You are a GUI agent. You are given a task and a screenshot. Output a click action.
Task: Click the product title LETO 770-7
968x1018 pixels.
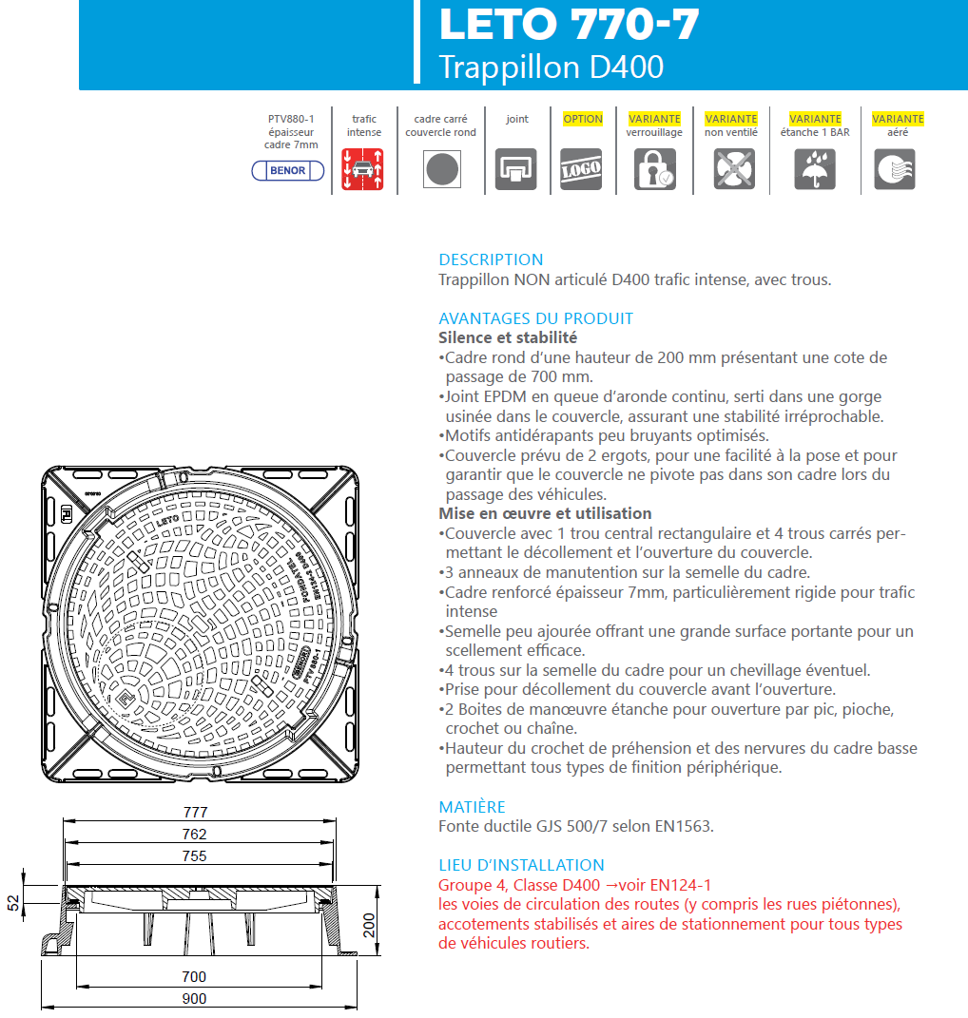[569, 25]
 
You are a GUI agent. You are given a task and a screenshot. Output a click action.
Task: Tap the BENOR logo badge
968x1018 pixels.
[288, 171]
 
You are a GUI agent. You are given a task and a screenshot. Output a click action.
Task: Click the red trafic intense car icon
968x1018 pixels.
[363, 170]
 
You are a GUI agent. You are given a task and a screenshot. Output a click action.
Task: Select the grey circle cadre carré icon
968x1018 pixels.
[440, 170]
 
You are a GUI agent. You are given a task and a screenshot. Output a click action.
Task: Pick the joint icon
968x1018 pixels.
[516, 170]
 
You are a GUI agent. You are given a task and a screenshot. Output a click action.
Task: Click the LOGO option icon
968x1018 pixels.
[581, 170]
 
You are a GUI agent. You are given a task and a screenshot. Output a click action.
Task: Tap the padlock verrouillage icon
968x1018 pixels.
[654, 170]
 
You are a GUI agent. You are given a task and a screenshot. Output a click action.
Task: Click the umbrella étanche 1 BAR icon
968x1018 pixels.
[815, 170]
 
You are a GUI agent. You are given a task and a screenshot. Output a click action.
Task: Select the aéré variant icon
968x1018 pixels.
[895, 170]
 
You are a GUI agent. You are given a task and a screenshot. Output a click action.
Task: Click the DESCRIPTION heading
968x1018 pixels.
[491, 259]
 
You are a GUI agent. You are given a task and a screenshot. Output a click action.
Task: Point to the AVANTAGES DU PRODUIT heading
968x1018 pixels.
[535, 318]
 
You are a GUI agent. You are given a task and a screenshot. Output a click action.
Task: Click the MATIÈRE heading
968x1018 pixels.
[472, 807]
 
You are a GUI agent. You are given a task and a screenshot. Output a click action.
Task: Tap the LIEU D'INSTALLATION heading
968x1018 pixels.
[521, 865]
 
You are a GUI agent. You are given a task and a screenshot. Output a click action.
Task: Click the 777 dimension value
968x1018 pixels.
[195, 813]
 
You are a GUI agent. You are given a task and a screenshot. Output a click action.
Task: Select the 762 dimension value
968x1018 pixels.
[195, 835]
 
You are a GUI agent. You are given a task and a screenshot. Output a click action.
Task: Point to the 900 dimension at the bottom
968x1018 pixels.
[195, 999]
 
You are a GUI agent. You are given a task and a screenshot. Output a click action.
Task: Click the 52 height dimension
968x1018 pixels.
[13, 903]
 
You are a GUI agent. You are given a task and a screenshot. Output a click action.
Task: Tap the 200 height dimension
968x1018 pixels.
[371, 924]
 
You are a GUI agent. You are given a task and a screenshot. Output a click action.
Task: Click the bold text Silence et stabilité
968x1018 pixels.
[508, 337]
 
